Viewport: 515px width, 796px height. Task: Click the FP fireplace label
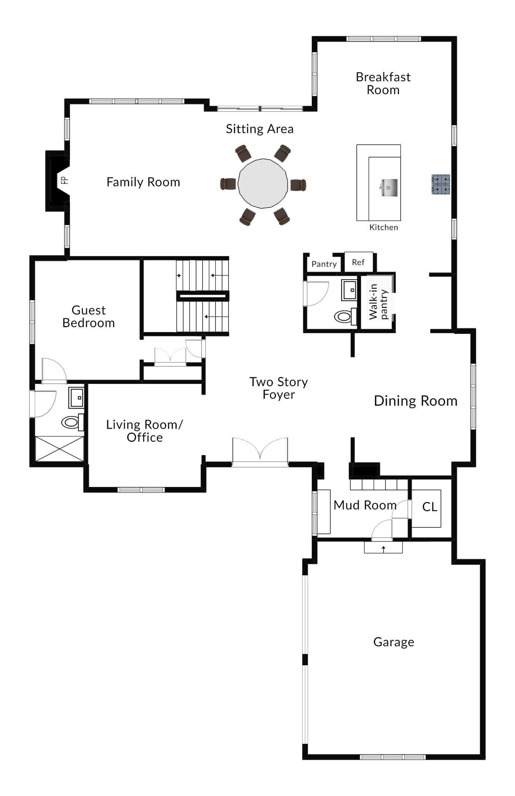(64, 180)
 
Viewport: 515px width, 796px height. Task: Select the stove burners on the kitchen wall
(441, 185)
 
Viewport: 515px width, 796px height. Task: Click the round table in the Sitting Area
(263, 183)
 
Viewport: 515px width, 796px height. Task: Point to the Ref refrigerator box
(358, 262)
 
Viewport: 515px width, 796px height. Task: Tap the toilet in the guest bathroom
(72, 422)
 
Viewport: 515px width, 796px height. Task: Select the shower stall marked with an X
(59, 449)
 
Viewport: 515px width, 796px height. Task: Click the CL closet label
(429, 507)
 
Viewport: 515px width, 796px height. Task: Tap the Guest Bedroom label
(88, 316)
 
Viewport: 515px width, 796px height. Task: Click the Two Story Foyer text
(279, 388)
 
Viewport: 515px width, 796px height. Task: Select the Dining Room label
(416, 401)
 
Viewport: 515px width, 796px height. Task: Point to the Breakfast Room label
(383, 83)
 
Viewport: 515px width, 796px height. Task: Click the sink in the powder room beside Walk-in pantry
(349, 290)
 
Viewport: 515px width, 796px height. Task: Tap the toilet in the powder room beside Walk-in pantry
(345, 316)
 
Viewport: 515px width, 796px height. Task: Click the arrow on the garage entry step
(384, 549)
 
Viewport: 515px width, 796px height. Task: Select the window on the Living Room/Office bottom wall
(141, 490)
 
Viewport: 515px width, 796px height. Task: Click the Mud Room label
(365, 505)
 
